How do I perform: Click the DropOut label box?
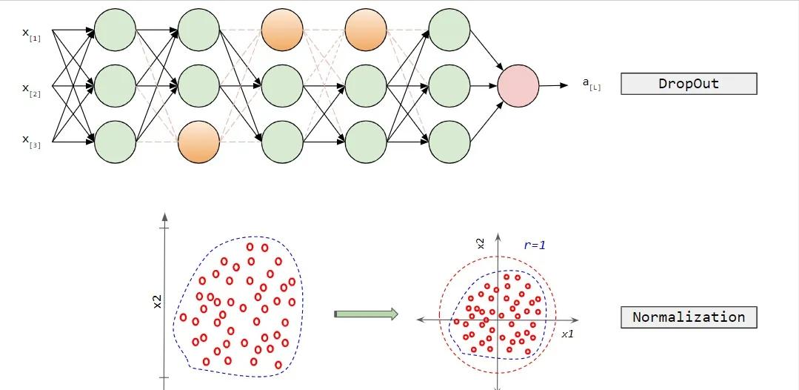click(688, 84)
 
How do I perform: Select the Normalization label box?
click(688, 317)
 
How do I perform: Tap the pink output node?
click(518, 85)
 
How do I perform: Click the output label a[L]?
click(592, 85)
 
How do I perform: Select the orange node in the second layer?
click(199, 141)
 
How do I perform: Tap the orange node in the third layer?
click(283, 30)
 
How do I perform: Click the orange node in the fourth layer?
click(367, 30)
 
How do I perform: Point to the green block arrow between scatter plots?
click(366, 314)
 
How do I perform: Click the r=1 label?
click(534, 245)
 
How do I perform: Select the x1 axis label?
click(567, 334)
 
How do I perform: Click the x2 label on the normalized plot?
click(480, 244)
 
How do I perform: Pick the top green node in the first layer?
click(115, 30)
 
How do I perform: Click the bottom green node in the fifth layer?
click(449, 141)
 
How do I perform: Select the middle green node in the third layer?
click(283, 85)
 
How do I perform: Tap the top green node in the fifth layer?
click(449, 30)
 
